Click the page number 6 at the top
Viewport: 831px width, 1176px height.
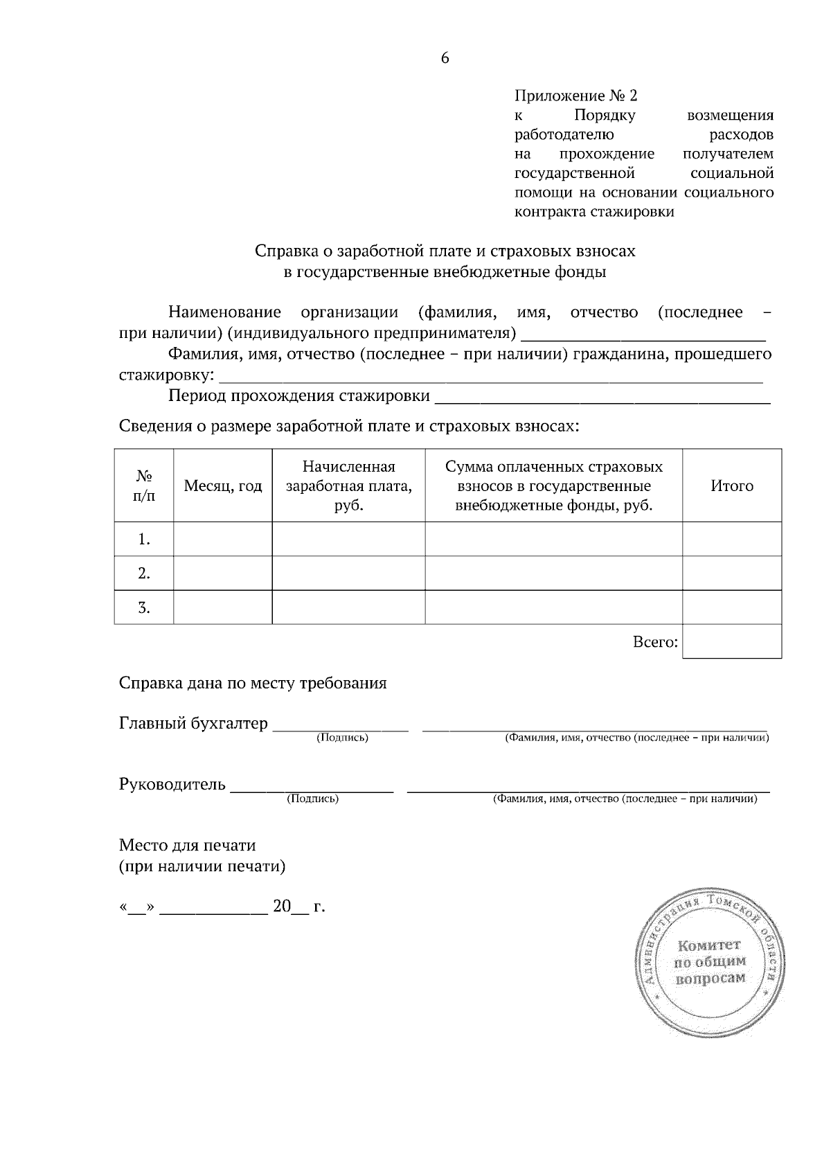click(445, 58)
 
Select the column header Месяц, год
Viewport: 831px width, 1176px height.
click(222, 486)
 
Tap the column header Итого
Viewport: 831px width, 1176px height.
click(731, 486)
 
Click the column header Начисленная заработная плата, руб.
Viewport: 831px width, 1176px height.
click(348, 486)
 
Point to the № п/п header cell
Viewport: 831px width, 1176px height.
click(143, 486)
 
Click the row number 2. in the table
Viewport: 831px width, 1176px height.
click(143, 573)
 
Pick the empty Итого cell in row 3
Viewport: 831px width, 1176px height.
click(731, 607)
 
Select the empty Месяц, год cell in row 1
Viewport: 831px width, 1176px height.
click(222, 539)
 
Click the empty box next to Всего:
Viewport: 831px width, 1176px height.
click(731, 641)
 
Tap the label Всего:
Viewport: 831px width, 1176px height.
click(654, 642)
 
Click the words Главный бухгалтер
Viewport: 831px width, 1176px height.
click(193, 724)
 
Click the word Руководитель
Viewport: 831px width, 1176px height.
click(172, 785)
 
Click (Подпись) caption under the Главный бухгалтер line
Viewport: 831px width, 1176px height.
click(342, 738)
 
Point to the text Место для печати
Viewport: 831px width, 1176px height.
click(188, 846)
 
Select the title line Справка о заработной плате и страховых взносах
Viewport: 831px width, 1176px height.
click(445, 251)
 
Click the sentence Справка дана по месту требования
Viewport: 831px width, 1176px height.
click(253, 684)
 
